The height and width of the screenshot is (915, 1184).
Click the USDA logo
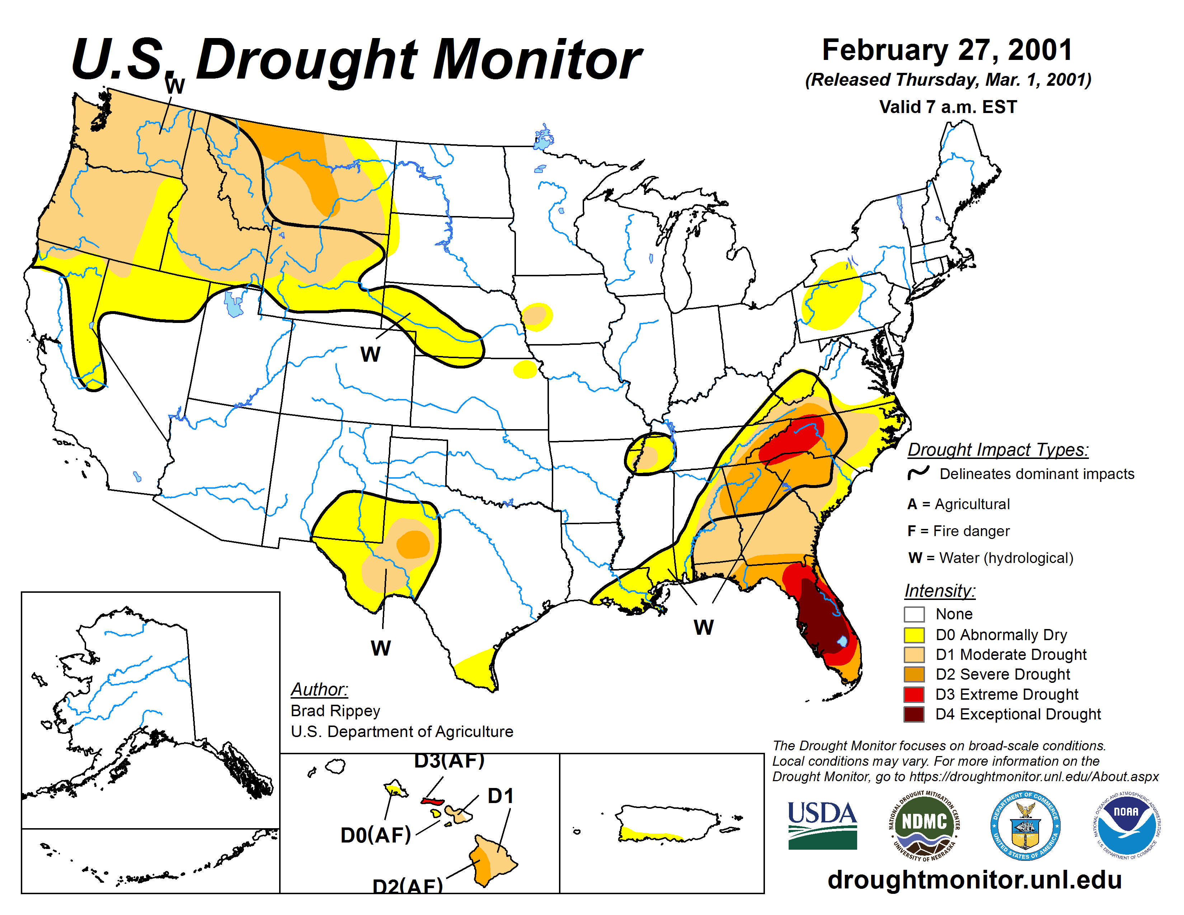click(822, 825)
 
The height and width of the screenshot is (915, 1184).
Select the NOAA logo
click(1126, 825)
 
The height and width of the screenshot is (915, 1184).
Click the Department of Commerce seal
click(1025, 825)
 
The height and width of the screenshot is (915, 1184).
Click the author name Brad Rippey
click(335, 710)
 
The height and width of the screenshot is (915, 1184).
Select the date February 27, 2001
click(947, 50)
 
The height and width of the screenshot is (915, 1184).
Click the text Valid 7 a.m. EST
click(948, 107)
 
